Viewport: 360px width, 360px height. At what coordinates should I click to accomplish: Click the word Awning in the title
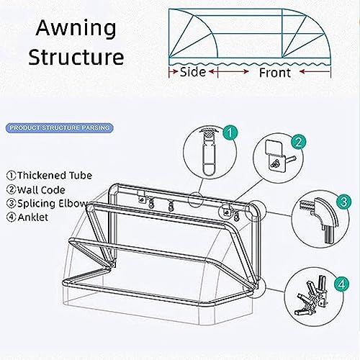pos(76,29)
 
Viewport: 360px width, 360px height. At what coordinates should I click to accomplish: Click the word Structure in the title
pos(76,57)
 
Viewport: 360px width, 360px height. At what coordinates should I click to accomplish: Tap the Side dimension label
pos(193,72)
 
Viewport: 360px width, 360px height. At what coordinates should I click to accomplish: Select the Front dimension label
pos(275,73)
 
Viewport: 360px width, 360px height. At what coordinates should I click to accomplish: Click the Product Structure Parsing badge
pos(59,127)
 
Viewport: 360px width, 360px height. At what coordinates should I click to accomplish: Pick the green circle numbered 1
pos(230,132)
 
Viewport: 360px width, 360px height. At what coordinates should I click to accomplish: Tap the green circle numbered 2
pos(298,142)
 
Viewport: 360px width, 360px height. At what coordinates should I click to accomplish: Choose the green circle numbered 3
pos(343,201)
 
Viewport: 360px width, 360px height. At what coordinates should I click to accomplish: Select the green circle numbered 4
pos(341,284)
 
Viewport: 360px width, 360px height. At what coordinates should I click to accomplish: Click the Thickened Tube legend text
pos(49,176)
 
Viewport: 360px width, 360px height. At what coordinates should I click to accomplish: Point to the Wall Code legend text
pos(36,190)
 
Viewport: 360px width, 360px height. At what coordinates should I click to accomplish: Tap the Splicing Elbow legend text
pos(48,204)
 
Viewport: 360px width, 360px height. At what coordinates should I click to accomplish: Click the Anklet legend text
pos(27,217)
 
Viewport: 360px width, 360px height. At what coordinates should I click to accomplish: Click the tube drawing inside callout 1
pos(207,152)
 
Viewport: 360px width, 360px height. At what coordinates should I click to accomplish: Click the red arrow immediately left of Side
pos(174,71)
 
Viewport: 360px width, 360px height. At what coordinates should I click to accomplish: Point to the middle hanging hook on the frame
pos(171,206)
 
